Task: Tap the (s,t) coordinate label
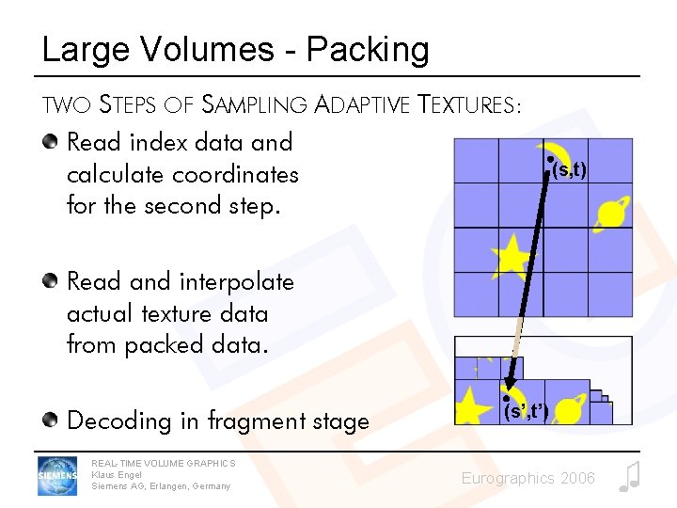[569, 169]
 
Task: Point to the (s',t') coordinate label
[526, 410]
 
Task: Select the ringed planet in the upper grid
[611, 212]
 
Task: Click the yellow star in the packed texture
[473, 406]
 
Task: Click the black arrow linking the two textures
[527, 273]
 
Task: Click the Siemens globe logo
[56, 476]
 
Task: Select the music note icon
[629, 477]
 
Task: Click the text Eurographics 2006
[527, 479]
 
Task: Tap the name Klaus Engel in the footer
[117, 474]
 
